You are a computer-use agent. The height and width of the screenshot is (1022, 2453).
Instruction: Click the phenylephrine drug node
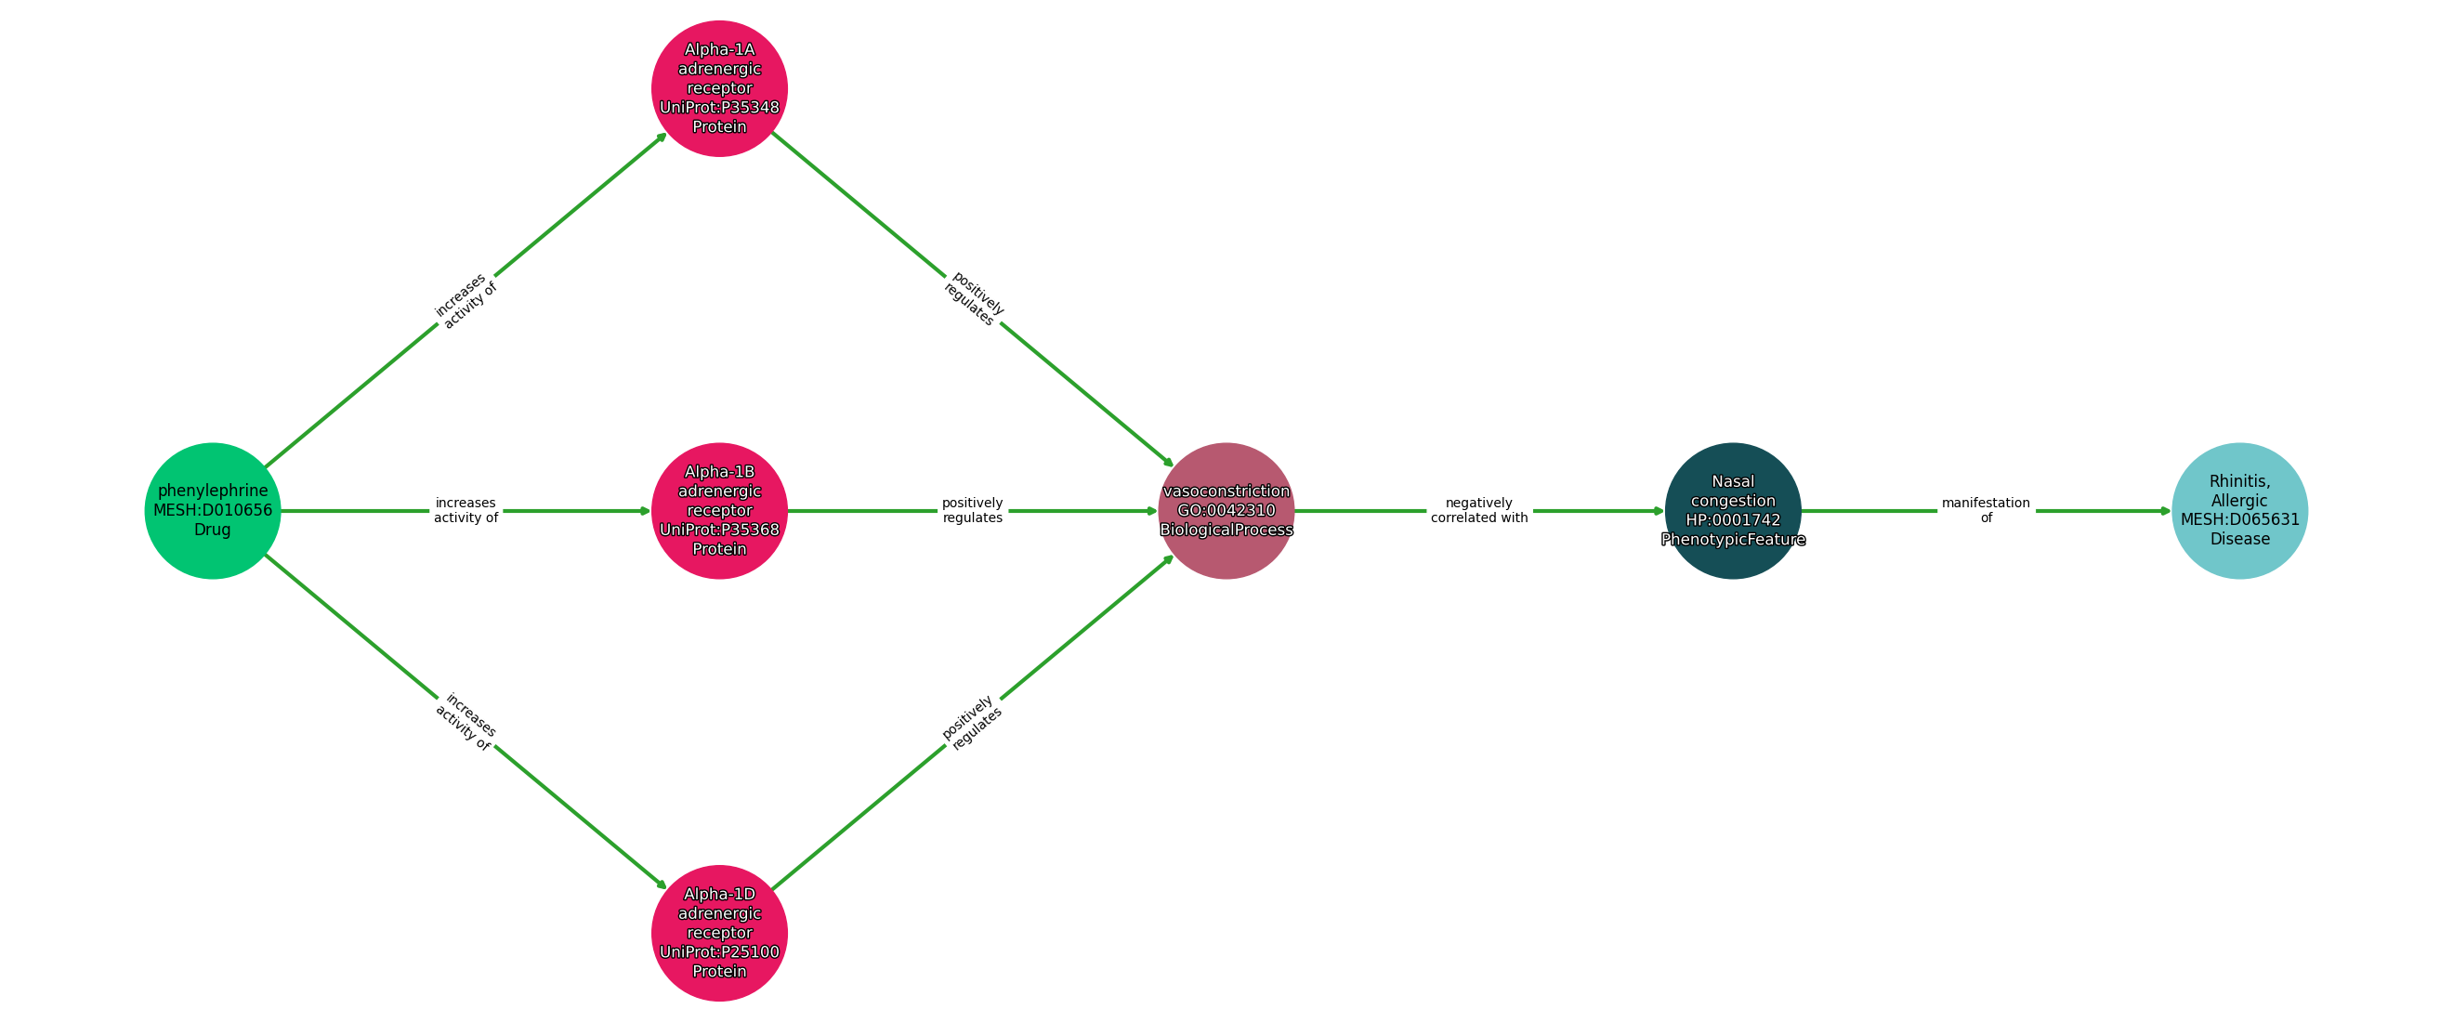point(213,510)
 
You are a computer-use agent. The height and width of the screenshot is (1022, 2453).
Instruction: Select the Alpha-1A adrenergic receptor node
point(719,87)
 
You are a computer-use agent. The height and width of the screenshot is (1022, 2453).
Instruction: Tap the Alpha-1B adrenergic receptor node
point(719,510)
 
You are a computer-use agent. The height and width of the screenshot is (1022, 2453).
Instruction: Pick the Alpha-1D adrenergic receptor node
point(719,933)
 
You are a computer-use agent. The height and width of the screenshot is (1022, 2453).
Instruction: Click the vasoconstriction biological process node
point(1226,510)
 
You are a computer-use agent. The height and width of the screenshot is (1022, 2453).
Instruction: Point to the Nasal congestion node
point(1732,510)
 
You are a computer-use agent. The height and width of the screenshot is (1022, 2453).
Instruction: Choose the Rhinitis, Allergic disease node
point(2238,510)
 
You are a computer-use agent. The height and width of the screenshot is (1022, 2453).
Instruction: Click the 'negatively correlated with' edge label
point(1479,510)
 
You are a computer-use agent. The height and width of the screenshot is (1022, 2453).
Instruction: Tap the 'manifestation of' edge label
point(1986,510)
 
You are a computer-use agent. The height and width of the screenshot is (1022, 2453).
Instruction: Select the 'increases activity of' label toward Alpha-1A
point(466,300)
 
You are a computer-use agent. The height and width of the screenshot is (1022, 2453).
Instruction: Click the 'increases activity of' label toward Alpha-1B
point(466,510)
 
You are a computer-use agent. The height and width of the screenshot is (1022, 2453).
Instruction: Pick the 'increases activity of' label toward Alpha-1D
point(466,722)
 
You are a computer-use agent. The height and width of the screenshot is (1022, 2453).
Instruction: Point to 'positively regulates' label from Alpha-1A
point(973,299)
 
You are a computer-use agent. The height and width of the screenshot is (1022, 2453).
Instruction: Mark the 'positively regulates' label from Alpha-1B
point(972,510)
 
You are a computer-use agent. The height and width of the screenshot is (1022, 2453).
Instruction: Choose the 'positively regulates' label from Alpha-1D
point(972,722)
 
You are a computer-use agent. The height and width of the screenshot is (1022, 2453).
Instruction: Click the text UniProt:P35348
point(719,108)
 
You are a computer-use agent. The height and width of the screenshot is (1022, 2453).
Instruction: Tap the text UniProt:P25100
point(719,952)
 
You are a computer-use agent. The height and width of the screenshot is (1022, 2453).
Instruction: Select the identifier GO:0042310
point(1226,510)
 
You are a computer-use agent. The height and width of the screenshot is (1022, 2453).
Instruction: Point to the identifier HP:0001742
point(1732,520)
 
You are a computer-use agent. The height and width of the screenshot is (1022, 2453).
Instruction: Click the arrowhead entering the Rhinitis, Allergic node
point(2165,510)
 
